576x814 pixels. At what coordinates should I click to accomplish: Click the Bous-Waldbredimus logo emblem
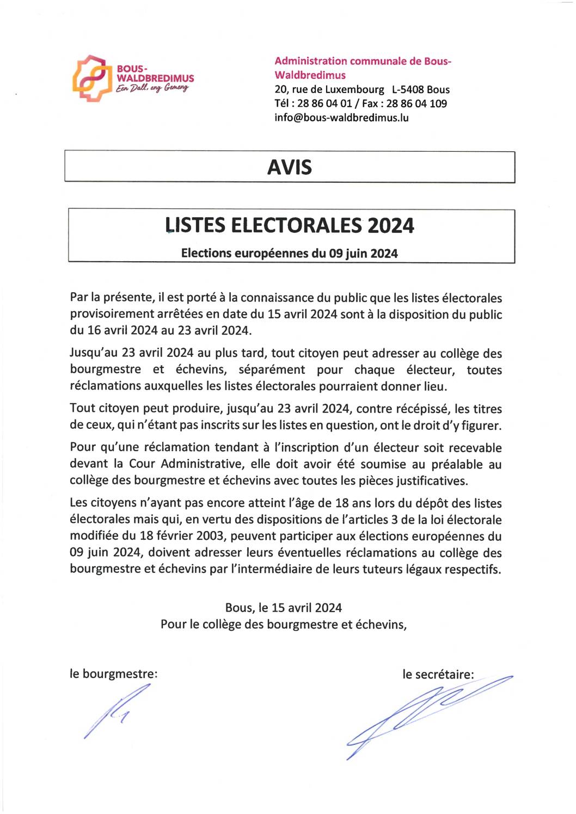click(89, 78)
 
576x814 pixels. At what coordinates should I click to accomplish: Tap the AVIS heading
click(289, 167)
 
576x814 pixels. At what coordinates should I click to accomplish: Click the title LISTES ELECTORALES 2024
click(290, 225)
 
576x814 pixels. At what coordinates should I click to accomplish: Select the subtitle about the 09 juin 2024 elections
click(290, 254)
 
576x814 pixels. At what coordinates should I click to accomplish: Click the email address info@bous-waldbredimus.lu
click(341, 118)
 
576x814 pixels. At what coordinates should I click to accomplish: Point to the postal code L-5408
click(408, 90)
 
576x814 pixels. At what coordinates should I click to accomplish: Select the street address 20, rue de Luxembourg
click(329, 90)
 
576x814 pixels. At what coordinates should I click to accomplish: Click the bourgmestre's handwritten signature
click(116, 710)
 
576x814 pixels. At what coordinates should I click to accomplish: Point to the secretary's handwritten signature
click(425, 713)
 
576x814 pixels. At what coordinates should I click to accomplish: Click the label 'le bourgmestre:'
click(113, 674)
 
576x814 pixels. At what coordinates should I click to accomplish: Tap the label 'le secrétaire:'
click(438, 675)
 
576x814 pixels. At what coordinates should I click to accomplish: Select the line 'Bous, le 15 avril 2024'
click(284, 608)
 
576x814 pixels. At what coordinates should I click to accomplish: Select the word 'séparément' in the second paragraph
click(272, 370)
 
